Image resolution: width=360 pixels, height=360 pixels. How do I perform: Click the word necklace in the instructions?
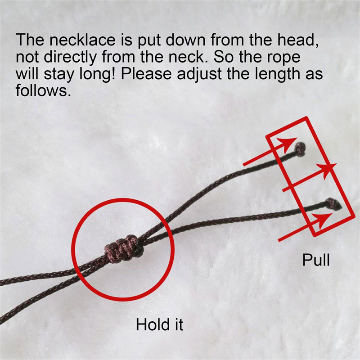(82, 40)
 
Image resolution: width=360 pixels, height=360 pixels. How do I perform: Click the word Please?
(146, 74)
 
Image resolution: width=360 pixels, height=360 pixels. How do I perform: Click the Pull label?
(316, 260)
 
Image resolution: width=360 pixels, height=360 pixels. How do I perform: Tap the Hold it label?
(160, 324)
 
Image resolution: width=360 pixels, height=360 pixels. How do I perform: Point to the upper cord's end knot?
(300, 149)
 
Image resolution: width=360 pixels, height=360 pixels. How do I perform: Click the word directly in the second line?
(70, 58)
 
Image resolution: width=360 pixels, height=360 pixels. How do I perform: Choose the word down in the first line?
(185, 40)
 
